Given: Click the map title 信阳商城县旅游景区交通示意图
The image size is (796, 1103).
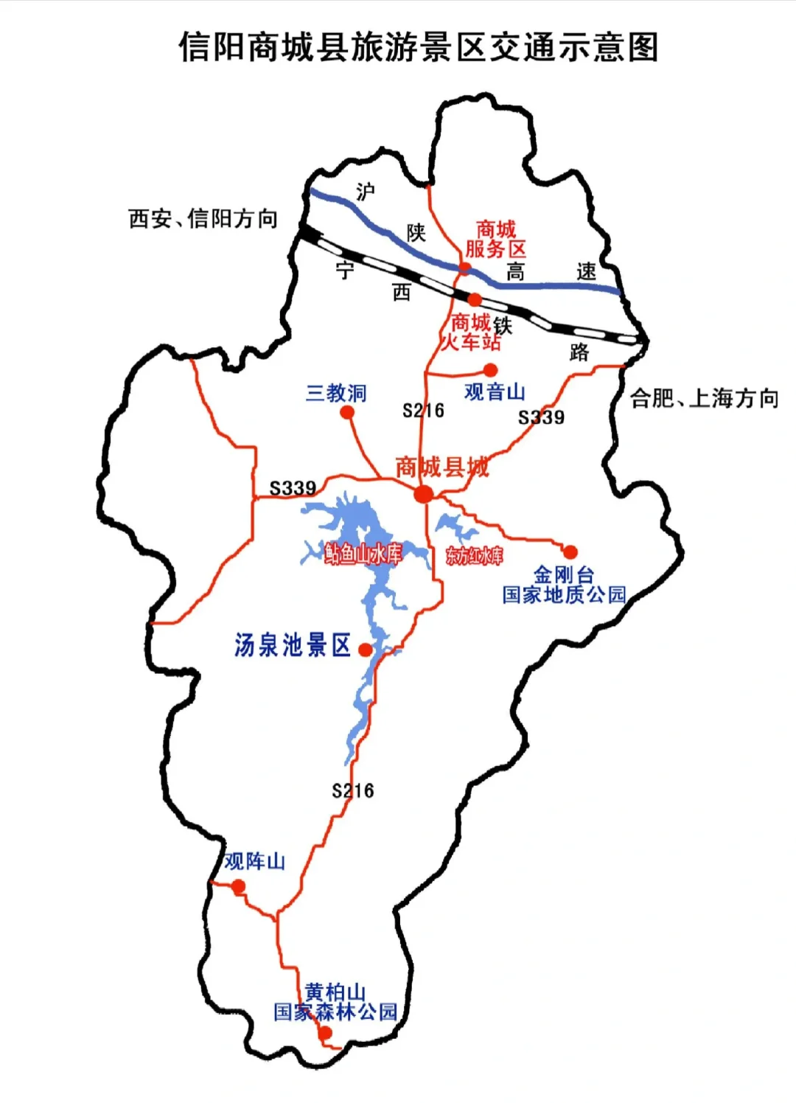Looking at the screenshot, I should [418, 47].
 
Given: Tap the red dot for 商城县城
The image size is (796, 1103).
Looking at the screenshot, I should [423, 494].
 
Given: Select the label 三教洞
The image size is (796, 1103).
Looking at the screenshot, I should [336, 393].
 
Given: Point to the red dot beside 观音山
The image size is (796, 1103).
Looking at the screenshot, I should [490, 370].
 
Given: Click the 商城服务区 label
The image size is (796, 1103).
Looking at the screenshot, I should [495, 240].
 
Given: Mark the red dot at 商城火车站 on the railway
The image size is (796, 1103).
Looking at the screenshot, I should [475, 299].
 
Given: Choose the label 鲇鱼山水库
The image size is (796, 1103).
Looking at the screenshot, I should [363, 554].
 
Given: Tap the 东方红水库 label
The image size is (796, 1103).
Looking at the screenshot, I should [474, 556].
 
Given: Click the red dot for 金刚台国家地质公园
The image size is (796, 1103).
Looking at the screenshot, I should [570, 551].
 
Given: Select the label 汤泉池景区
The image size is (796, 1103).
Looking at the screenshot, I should [293, 645].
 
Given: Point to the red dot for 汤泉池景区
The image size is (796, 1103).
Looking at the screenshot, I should [365, 650].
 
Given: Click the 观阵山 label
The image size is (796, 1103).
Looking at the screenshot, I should [254, 861].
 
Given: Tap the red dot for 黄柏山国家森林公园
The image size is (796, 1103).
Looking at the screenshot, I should [325, 1034].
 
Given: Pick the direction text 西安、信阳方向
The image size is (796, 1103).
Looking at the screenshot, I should [203, 219].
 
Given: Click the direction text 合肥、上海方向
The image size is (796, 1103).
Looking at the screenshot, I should [704, 399].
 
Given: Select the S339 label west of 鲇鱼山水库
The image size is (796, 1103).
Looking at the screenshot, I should [293, 488].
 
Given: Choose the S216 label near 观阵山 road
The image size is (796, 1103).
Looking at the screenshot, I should [353, 791].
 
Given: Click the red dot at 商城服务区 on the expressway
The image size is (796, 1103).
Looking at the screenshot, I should [464, 268].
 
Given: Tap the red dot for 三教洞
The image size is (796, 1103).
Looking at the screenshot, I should [347, 412].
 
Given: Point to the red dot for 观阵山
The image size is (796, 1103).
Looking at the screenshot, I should [238, 887].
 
